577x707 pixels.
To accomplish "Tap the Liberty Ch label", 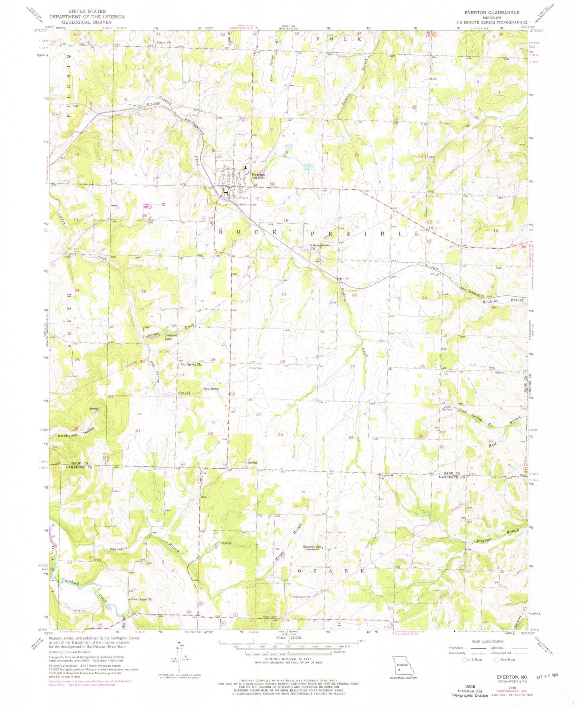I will pos(163,42).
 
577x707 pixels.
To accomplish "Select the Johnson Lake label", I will pos(171,337).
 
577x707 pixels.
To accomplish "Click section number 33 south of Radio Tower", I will pos(281,435).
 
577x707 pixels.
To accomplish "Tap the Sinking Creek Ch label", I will pos(318,247).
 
